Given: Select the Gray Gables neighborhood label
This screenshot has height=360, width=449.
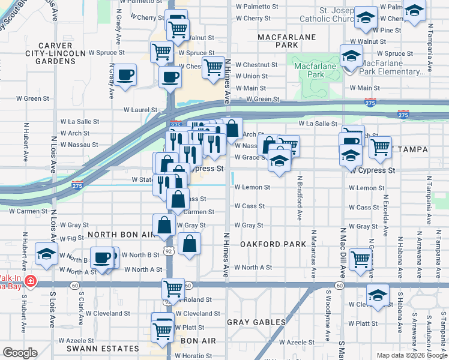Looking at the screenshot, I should [257, 322].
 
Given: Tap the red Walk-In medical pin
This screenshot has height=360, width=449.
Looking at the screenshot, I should [30, 281].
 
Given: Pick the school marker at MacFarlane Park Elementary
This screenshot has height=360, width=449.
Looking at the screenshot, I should [351, 58].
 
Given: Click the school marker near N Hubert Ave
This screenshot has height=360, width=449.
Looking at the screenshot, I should [46, 254].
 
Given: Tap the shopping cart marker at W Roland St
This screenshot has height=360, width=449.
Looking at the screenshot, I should [173, 289].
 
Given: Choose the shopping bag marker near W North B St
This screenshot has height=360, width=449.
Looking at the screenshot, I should [189, 244].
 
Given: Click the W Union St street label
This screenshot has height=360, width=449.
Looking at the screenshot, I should [252, 76].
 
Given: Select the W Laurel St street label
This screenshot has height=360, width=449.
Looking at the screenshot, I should [140, 110].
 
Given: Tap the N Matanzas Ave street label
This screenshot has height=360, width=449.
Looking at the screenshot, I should [313, 253].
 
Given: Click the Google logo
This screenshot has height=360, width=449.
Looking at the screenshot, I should [20, 353].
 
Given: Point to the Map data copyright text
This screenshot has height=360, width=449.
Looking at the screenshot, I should [411, 355].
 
